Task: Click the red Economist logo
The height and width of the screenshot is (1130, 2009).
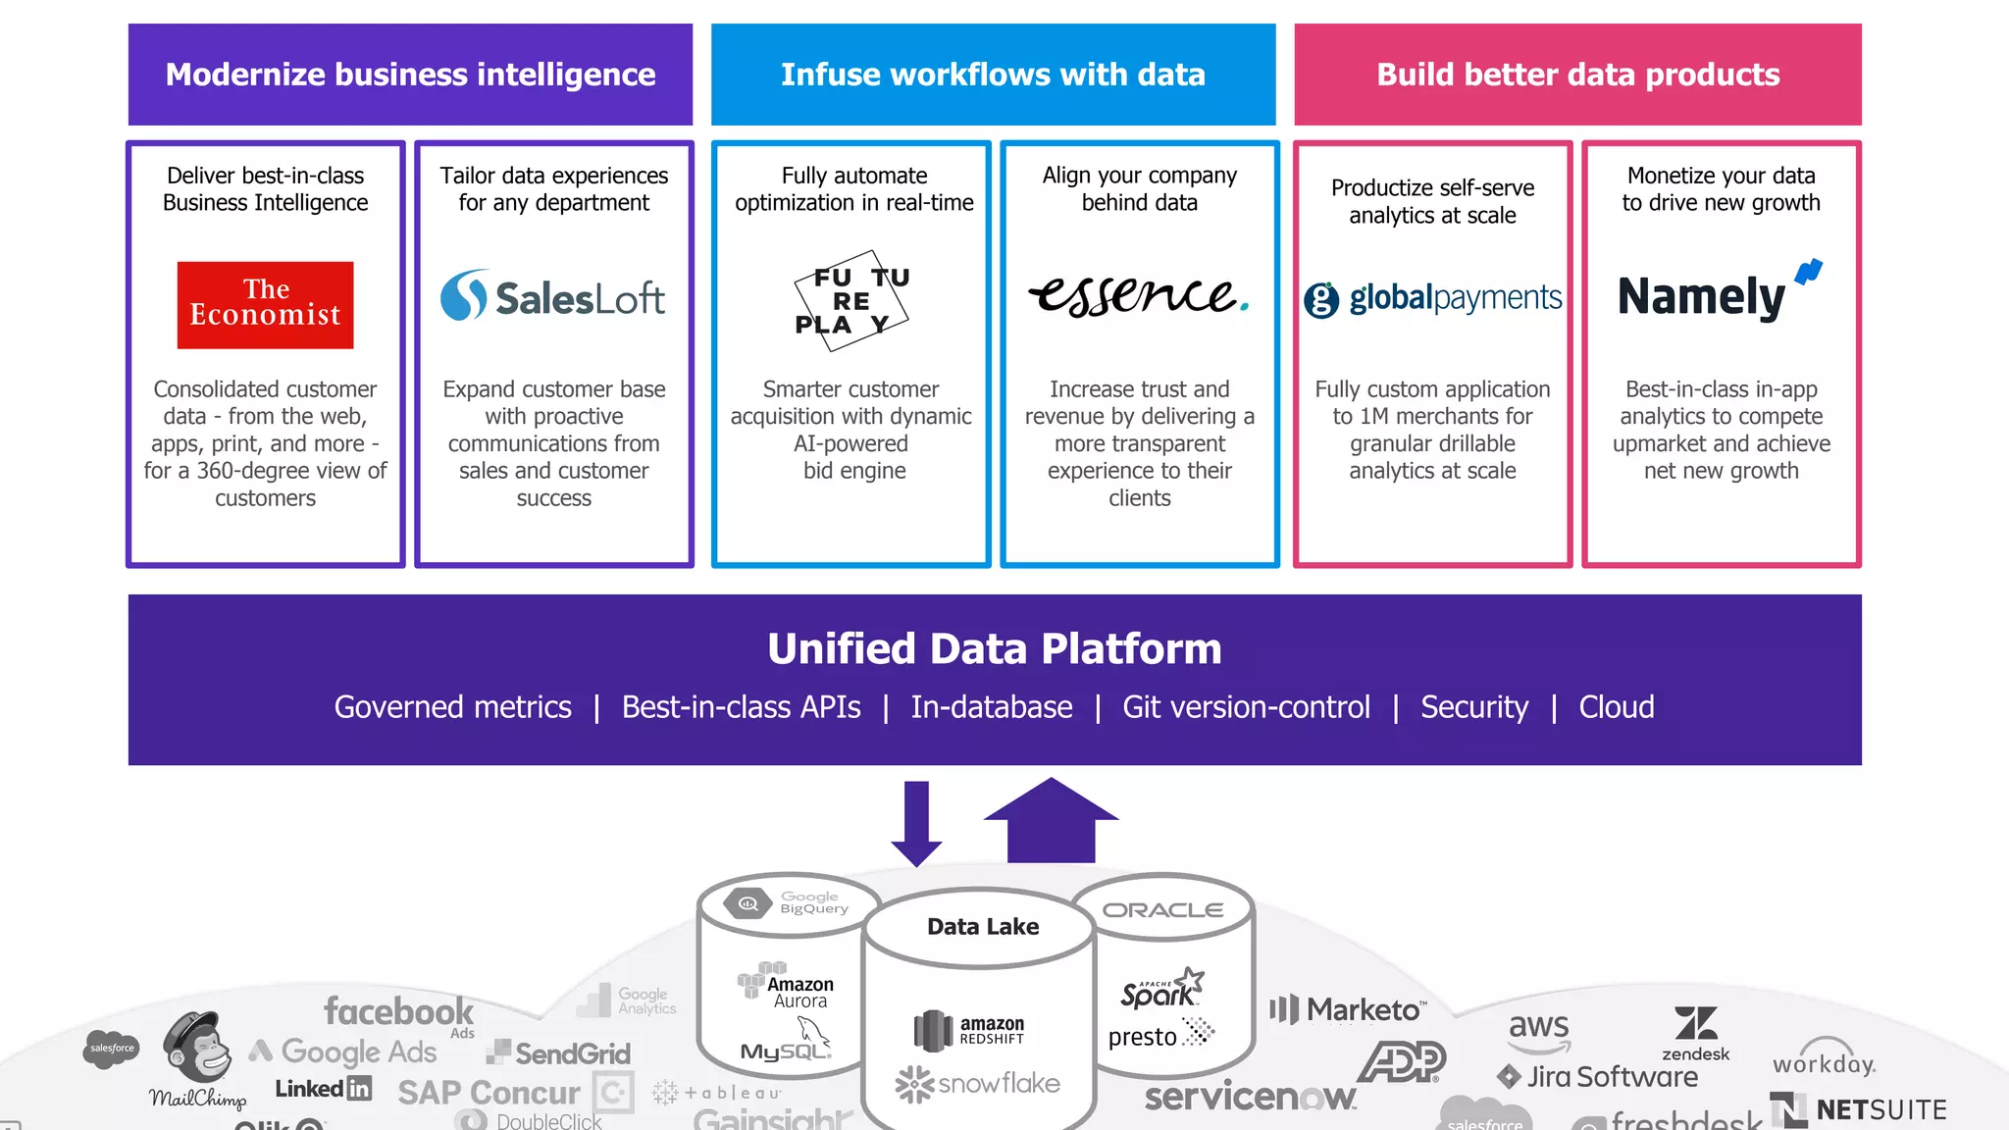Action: [x=265, y=304]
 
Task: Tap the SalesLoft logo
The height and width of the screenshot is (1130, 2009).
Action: [x=552, y=296]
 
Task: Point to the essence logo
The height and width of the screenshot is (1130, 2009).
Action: [x=1138, y=294]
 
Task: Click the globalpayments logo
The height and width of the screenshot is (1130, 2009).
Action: [x=1432, y=298]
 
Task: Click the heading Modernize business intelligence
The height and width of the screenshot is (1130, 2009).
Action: [x=410, y=75]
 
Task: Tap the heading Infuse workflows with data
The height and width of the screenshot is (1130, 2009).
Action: [x=993, y=75]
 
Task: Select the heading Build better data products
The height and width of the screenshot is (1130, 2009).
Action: [x=1577, y=75]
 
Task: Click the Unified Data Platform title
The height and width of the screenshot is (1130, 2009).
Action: [x=994, y=648]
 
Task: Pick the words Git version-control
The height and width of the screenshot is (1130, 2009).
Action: [x=1246, y=707]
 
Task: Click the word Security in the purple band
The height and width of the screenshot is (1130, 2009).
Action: [x=1473, y=707]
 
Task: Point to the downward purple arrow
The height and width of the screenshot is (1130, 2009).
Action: [x=916, y=822]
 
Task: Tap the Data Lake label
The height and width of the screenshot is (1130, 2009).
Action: [x=982, y=927]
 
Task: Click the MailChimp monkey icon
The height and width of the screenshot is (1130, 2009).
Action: [x=199, y=1047]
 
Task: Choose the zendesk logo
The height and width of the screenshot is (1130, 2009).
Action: [x=1695, y=1033]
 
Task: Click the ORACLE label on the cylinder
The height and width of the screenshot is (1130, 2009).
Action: [x=1162, y=910]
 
